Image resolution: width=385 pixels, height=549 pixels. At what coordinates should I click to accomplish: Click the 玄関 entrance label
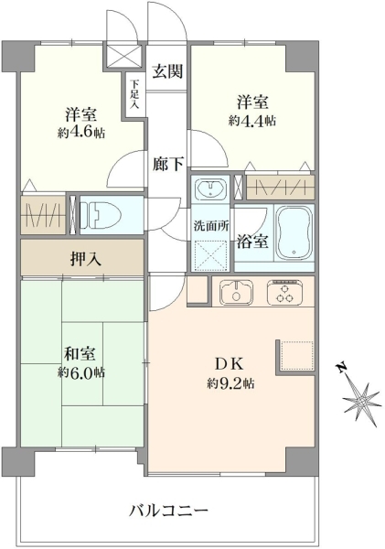click(167, 71)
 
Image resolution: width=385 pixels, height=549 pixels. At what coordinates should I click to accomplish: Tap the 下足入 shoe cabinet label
click(134, 94)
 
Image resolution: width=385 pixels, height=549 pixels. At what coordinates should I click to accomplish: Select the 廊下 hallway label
click(167, 164)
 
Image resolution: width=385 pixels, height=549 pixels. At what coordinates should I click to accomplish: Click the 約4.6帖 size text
click(81, 133)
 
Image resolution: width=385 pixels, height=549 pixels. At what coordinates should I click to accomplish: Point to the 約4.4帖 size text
click(252, 121)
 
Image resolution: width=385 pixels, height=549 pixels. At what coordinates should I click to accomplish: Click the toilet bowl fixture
click(101, 215)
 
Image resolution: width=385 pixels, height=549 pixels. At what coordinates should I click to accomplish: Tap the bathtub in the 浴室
click(294, 231)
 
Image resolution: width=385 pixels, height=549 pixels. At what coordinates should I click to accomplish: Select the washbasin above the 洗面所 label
click(210, 189)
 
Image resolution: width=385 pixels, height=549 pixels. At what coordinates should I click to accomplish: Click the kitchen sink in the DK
click(237, 292)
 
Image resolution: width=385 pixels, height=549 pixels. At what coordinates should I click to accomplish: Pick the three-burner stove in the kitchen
click(285, 291)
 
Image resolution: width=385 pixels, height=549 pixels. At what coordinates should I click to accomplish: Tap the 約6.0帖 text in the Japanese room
click(81, 372)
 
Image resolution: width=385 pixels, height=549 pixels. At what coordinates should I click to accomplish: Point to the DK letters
click(229, 364)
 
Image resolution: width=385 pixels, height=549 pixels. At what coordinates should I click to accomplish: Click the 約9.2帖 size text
click(230, 383)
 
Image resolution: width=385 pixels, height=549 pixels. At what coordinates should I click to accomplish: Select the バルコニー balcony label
click(168, 511)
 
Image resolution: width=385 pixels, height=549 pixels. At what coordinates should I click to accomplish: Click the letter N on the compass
click(342, 368)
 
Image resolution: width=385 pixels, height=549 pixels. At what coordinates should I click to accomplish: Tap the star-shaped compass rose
click(361, 400)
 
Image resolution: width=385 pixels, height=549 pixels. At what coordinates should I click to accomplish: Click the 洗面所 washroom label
click(211, 226)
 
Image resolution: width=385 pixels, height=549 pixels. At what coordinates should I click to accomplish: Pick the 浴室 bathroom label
click(252, 242)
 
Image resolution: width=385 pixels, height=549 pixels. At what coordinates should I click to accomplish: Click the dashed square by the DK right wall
click(297, 355)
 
